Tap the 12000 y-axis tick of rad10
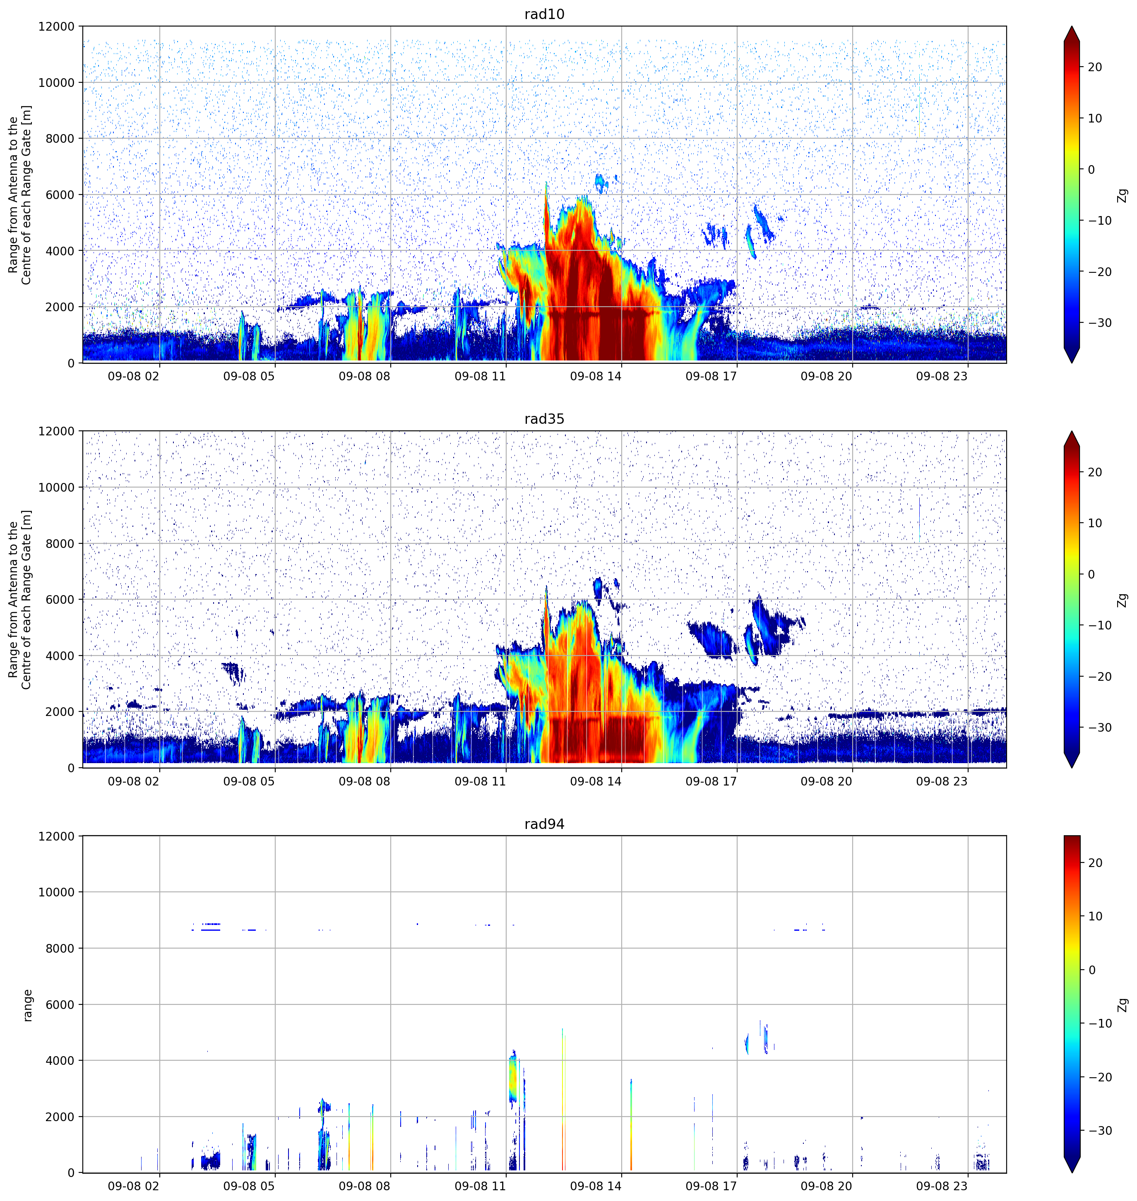pos(56,26)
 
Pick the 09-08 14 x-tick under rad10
pos(596,376)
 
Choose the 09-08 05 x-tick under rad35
pos(249,781)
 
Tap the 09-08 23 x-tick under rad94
pos(942,1186)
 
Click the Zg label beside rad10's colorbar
pos(1123,195)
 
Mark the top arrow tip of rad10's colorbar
pos(1072,26)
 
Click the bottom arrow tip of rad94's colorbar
pos(1072,1172)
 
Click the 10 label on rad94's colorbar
pos(1094,915)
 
